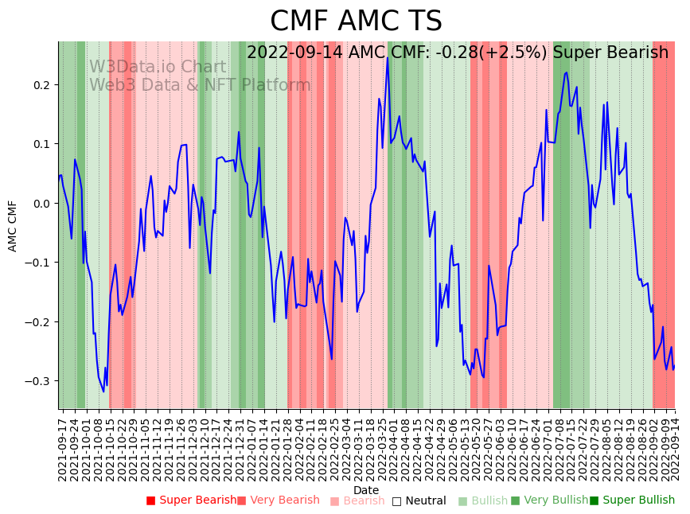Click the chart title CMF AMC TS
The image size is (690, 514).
(x=356, y=21)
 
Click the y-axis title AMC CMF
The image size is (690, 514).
(x=13, y=225)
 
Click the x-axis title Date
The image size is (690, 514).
(x=366, y=490)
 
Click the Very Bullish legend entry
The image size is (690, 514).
(x=551, y=500)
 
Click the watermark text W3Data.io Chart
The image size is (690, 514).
(x=157, y=68)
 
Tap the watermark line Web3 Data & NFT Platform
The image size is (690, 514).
(x=200, y=85)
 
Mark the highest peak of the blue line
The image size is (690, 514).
(x=388, y=57)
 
